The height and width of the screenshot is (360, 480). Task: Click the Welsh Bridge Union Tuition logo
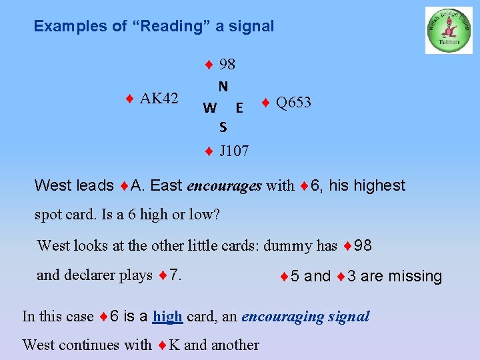pyautogui.click(x=449, y=31)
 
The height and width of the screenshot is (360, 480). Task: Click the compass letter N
pyautogui.click(x=223, y=86)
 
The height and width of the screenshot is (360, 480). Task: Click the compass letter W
pyautogui.click(x=209, y=107)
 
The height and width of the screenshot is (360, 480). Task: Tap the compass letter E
pyautogui.click(x=239, y=107)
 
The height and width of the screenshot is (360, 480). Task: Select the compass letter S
pyautogui.click(x=223, y=127)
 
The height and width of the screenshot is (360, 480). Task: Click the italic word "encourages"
pyautogui.click(x=224, y=185)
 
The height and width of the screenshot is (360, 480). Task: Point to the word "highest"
pyautogui.click(x=379, y=185)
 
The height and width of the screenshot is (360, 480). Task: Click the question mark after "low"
pyautogui.click(x=216, y=216)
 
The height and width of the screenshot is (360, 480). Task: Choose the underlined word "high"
pyautogui.click(x=168, y=316)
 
